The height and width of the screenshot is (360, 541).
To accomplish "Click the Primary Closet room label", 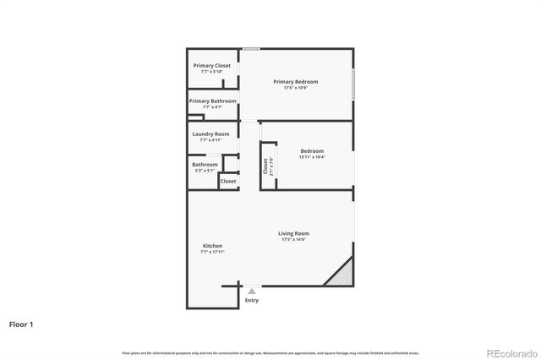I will click(211, 65).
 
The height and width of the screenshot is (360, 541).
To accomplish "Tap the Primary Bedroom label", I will click(296, 81).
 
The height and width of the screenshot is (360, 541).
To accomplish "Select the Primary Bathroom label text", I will click(212, 101).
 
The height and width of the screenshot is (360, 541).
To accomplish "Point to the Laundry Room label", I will click(211, 134).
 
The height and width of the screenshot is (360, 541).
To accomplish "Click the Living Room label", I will click(294, 233).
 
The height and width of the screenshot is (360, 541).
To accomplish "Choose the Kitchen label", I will click(211, 246).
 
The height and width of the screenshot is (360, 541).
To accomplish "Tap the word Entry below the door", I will click(252, 300).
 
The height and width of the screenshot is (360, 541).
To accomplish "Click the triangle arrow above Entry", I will click(251, 291).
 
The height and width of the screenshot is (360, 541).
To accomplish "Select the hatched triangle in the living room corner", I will click(342, 273).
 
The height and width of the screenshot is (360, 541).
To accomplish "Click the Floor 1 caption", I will click(22, 324).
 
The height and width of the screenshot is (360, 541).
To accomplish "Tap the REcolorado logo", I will click(511, 352).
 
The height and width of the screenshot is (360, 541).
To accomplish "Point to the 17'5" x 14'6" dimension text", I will click(294, 240).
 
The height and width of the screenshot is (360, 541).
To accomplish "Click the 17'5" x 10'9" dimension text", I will click(296, 88).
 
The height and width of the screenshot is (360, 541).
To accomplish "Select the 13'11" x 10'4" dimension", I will click(313, 157).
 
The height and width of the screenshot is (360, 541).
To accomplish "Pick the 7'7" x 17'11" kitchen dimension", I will click(211, 252).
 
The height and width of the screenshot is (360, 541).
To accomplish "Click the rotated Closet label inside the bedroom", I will click(265, 166).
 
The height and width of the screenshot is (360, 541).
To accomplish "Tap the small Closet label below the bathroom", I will click(228, 181).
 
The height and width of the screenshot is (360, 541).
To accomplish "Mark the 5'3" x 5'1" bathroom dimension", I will click(205, 171).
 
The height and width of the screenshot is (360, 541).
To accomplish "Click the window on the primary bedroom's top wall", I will click(251, 49).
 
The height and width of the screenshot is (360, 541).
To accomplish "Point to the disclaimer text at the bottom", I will click(270, 352).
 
